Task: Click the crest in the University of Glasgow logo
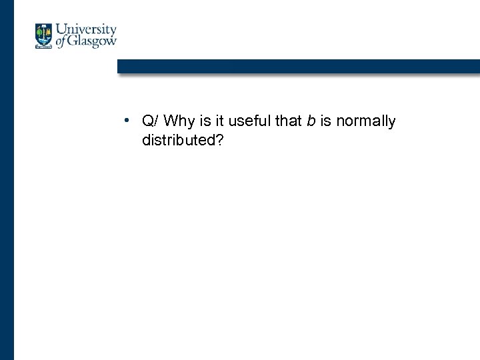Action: pos(44,36)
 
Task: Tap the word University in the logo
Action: pos(86,30)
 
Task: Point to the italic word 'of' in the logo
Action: pos(61,42)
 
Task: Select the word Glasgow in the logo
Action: pos(92,41)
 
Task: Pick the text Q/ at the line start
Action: pos(149,121)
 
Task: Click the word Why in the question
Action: pos(177,121)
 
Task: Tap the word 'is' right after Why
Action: pos(203,121)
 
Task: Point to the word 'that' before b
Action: pos(285,121)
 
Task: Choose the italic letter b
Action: pos(311,121)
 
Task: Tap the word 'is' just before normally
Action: pos(327,121)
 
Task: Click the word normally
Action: pos(366,121)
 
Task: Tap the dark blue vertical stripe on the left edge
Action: pos(7,200)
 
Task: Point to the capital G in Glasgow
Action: pos(73,41)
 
